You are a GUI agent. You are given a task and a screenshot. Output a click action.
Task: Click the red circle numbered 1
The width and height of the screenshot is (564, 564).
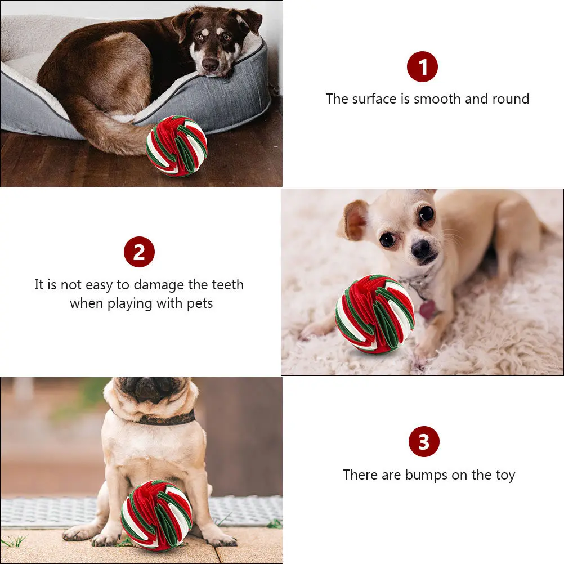tap(422, 67)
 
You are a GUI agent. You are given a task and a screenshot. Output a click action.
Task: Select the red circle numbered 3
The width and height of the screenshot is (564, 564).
tap(424, 442)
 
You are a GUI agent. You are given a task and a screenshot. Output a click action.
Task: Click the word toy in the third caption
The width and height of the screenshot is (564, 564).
tap(505, 476)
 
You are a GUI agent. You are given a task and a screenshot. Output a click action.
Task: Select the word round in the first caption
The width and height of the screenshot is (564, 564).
tap(510, 99)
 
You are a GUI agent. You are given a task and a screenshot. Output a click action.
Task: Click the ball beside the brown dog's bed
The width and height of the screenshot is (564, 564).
tap(177, 146)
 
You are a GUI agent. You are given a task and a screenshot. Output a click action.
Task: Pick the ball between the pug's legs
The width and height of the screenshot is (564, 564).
tap(156, 514)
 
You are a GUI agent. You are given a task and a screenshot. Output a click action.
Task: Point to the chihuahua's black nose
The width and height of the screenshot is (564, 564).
tap(421, 249)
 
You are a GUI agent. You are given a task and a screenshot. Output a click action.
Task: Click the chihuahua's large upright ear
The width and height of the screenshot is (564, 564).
tap(353, 219)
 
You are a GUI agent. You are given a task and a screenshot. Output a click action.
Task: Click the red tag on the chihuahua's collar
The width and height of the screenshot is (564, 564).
tap(427, 309)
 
